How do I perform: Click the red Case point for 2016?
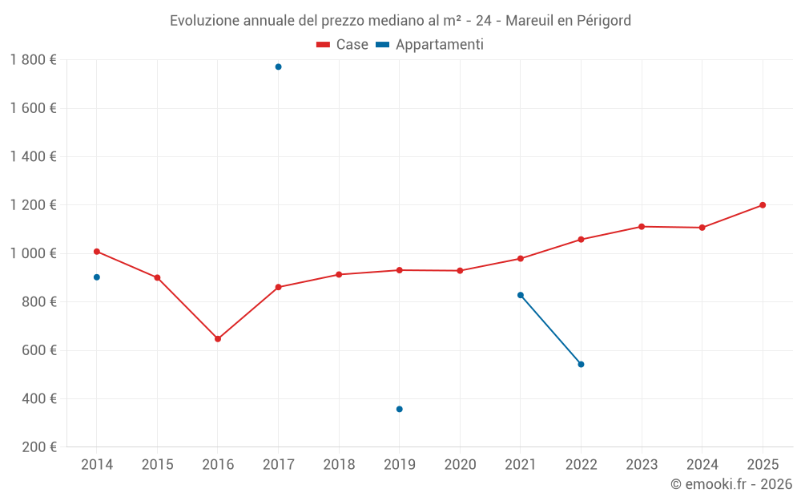pos(218,339)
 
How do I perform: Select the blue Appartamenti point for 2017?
pos(278,67)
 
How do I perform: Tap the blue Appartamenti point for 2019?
pos(400,409)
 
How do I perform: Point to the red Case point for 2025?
pos(763,205)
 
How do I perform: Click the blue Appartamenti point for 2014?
pos(97,277)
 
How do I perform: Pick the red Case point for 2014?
pos(97,252)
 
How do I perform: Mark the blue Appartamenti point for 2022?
pos(581,364)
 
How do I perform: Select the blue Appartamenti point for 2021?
pos(521,295)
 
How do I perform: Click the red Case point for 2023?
pos(642,227)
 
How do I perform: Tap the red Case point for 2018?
pos(339,275)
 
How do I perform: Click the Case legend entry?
pos(343,45)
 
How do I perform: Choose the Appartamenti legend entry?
pos(430,45)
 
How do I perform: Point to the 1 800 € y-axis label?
pos(33,60)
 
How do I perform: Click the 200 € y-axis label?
pos(38,447)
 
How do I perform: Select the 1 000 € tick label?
pos(33,253)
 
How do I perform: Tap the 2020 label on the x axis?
pos(460,465)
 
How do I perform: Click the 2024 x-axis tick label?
pos(702,465)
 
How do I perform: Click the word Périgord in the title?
pos(604,21)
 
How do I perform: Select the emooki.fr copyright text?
pos(731,484)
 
